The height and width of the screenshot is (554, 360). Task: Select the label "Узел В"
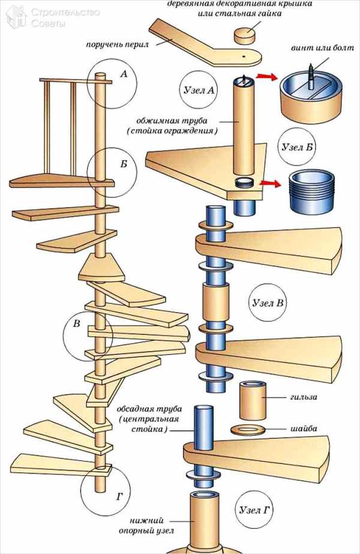[265, 303]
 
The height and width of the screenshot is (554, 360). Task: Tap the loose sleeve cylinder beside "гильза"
[252, 400]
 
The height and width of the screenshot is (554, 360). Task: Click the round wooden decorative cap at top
[245, 35]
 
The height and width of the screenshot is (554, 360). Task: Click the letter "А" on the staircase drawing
[124, 74]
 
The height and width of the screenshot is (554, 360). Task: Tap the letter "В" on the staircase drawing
[76, 324]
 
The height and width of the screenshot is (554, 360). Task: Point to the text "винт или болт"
[314, 49]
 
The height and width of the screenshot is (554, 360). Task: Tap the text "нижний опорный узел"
[146, 525]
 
